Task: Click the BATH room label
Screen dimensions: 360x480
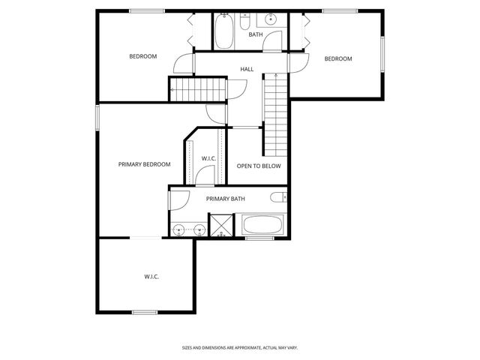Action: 256,34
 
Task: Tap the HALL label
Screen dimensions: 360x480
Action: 247,69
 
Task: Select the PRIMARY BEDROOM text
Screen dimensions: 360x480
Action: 144,164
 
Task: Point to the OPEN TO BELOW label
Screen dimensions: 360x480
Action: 259,166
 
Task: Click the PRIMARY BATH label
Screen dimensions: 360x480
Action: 226,199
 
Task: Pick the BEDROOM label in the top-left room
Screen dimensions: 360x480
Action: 142,56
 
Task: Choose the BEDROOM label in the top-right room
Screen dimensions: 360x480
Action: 337,59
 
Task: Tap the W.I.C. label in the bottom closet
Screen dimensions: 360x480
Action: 151,277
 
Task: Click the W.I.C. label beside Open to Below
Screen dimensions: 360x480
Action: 209,158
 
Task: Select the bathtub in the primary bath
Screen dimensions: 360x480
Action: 262,223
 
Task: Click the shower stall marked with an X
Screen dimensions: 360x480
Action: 221,225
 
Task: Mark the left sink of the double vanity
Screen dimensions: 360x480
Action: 179,229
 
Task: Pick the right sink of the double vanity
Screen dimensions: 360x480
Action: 200,229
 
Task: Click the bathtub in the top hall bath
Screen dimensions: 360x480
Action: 224,31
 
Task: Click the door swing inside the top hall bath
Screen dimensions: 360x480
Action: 274,42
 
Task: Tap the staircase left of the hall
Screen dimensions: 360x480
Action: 197,89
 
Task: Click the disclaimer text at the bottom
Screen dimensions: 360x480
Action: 240,347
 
